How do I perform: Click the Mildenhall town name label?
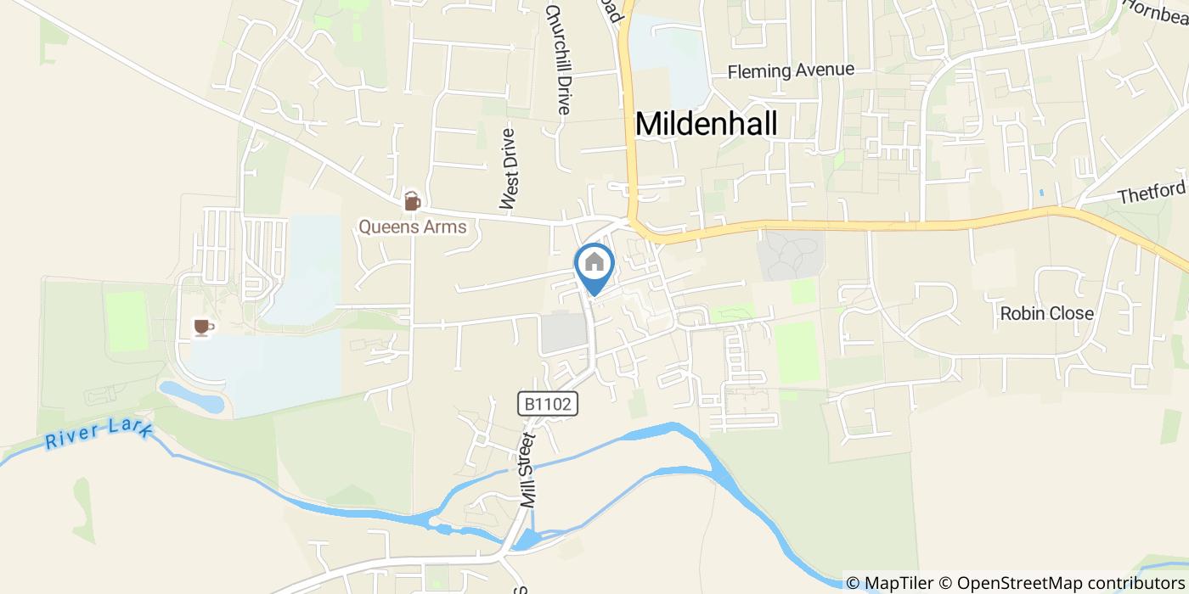(x=706, y=124)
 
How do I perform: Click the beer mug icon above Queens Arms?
(x=412, y=201)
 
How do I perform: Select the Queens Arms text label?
(x=412, y=227)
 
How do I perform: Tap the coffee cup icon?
(x=203, y=327)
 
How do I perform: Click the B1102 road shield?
(x=549, y=404)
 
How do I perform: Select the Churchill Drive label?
(x=558, y=59)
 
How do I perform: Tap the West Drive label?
(x=509, y=169)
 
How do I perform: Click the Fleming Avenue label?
(x=791, y=71)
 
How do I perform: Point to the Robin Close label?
(x=1046, y=313)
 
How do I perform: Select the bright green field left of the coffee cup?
(x=127, y=322)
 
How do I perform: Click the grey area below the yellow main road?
(x=790, y=255)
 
